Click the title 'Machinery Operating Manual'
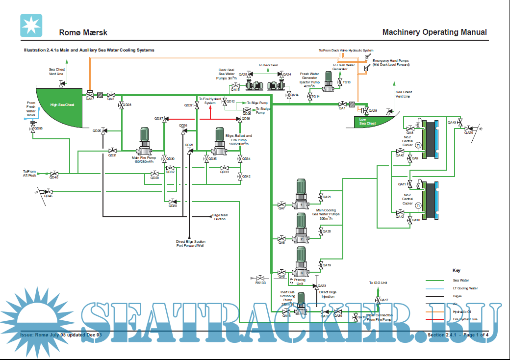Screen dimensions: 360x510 point(434,32)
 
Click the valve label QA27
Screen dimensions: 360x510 point(90,99)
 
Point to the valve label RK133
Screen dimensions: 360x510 point(260,283)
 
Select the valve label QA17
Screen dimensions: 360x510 point(383,300)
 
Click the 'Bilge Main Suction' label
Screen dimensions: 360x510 point(220,217)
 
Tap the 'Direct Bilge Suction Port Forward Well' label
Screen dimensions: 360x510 point(191,243)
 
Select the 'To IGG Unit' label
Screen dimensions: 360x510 point(378,283)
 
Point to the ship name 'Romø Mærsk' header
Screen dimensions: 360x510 point(83,33)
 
